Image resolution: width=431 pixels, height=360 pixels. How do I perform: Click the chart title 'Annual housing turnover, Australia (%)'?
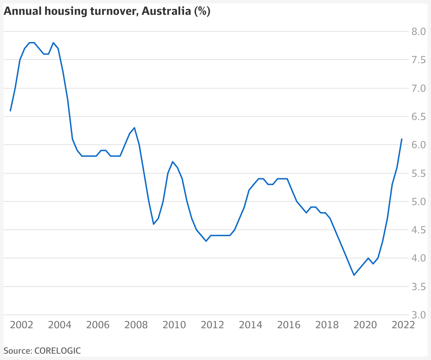pyautogui.click(x=107, y=11)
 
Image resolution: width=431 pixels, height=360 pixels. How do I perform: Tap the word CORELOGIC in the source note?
pyautogui.click(x=58, y=351)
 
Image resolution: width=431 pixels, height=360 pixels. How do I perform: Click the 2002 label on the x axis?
pyautogui.click(x=22, y=325)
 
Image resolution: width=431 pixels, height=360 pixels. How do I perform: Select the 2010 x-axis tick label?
pyautogui.click(x=175, y=325)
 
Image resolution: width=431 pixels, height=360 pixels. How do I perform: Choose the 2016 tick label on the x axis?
pyautogui.click(x=289, y=325)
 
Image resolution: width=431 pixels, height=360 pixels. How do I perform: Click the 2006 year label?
pyautogui.click(x=98, y=325)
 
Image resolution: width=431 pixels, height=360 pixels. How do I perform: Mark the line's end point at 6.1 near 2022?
pyautogui.click(x=402, y=139)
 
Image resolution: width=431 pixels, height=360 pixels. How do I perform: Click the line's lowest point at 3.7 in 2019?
pyautogui.click(x=354, y=275)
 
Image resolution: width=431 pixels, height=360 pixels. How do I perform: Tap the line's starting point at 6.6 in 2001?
pyautogui.click(x=10, y=111)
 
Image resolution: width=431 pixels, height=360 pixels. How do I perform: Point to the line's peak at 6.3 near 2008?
pyautogui.click(x=135, y=128)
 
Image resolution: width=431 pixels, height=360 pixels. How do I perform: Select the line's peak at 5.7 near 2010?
pyautogui.click(x=172, y=162)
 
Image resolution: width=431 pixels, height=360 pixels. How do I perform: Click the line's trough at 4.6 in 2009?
pyautogui.click(x=154, y=224)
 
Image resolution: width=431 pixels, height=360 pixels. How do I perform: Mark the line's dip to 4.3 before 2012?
pyautogui.click(x=206, y=241)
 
